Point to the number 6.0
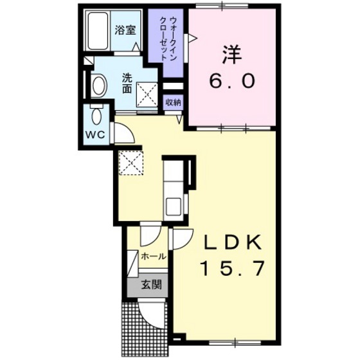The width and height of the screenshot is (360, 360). (x=233, y=82)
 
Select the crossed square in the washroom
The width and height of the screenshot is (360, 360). (x=146, y=96)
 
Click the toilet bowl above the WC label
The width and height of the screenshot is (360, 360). (x=96, y=117)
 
